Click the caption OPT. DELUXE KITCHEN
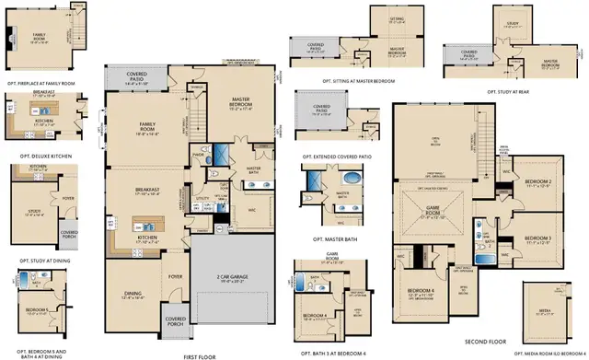click(x=40, y=143)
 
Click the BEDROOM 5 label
click(x=35, y=309)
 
